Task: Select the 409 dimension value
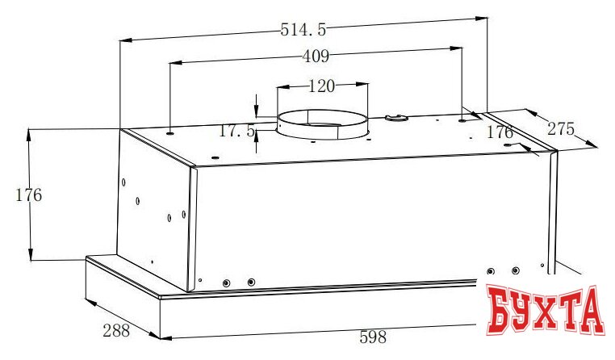click(x=315, y=57)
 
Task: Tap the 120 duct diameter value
click(x=322, y=85)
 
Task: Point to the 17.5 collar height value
click(x=237, y=130)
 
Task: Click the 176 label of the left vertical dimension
click(x=28, y=195)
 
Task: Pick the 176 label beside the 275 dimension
click(x=500, y=132)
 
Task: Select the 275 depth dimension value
click(x=562, y=128)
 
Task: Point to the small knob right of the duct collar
click(x=395, y=119)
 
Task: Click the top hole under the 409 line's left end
click(x=171, y=128)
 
